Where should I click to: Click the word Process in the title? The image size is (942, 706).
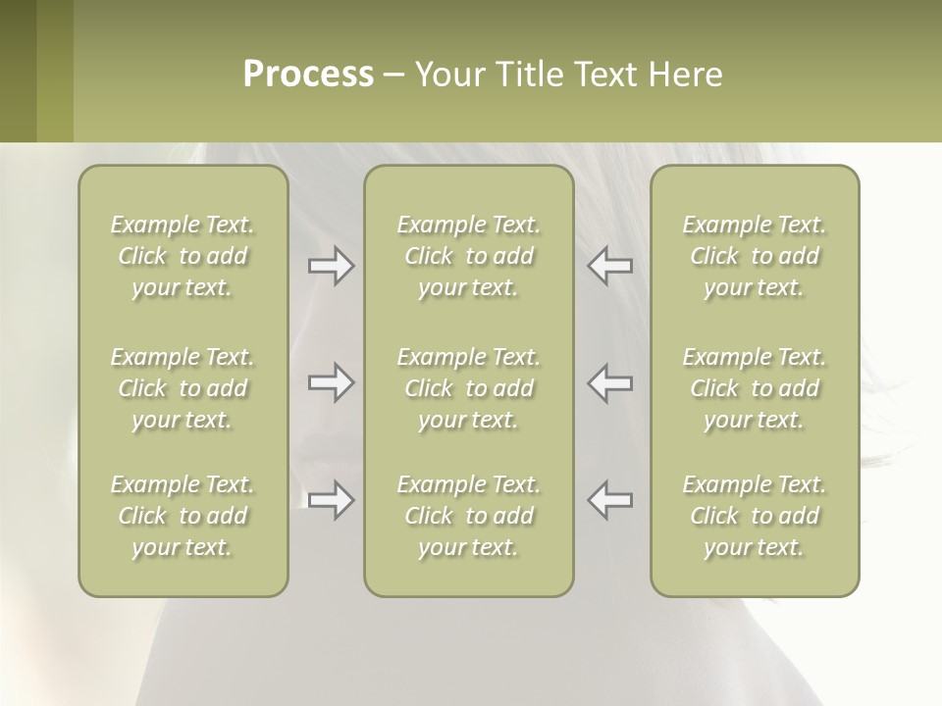coord(308,75)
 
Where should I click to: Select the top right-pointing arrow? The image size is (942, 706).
coord(331,266)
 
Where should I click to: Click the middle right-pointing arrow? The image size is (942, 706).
coord(331,382)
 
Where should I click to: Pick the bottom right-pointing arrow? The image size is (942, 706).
coord(331,500)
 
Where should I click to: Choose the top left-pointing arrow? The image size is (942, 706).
coord(610,266)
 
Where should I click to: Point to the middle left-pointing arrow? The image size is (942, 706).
coord(610,382)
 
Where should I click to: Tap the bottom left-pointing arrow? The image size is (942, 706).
coord(610,500)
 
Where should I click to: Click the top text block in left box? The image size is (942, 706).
coord(183,256)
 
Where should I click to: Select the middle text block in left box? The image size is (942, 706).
coord(183,388)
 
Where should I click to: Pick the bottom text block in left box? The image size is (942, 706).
coord(183,516)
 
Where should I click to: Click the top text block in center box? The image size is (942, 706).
coord(469,256)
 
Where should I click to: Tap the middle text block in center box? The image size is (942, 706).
coord(469,388)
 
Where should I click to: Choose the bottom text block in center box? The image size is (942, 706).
coord(469,516)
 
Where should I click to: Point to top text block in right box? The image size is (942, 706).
coord(755,256)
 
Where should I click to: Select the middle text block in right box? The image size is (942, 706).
coord(755,388)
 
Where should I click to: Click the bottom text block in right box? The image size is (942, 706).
coord(755,516)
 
